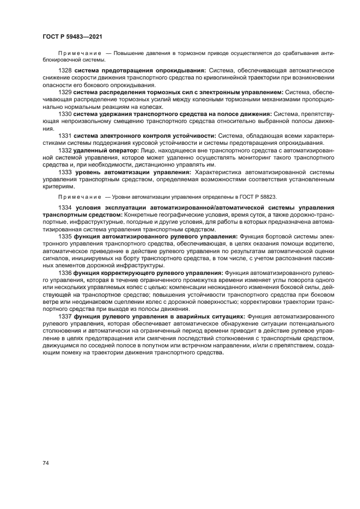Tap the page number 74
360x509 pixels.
pos(46,463)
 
